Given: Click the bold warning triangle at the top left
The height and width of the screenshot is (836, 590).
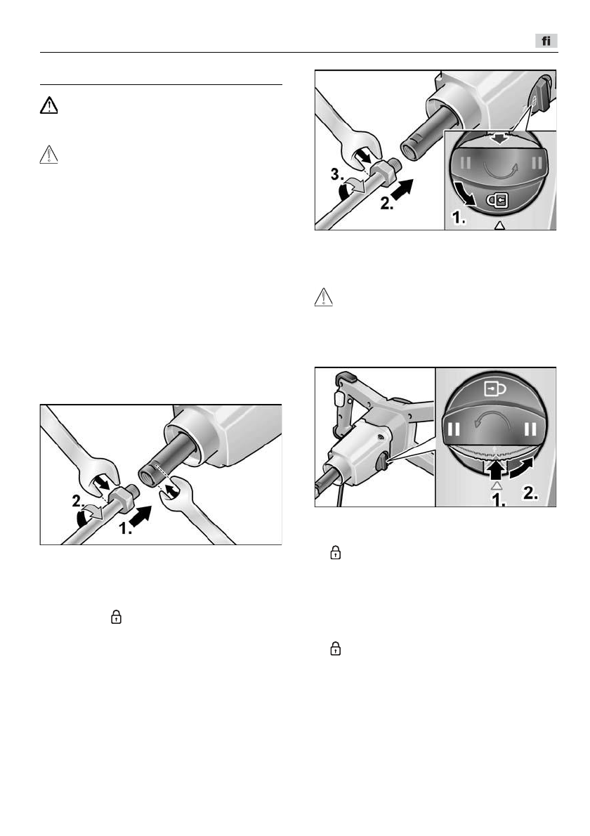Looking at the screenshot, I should pyautogui.click(x=48, y=105).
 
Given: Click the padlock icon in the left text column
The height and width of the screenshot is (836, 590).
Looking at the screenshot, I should pyautogui.click(x=117, y=618).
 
